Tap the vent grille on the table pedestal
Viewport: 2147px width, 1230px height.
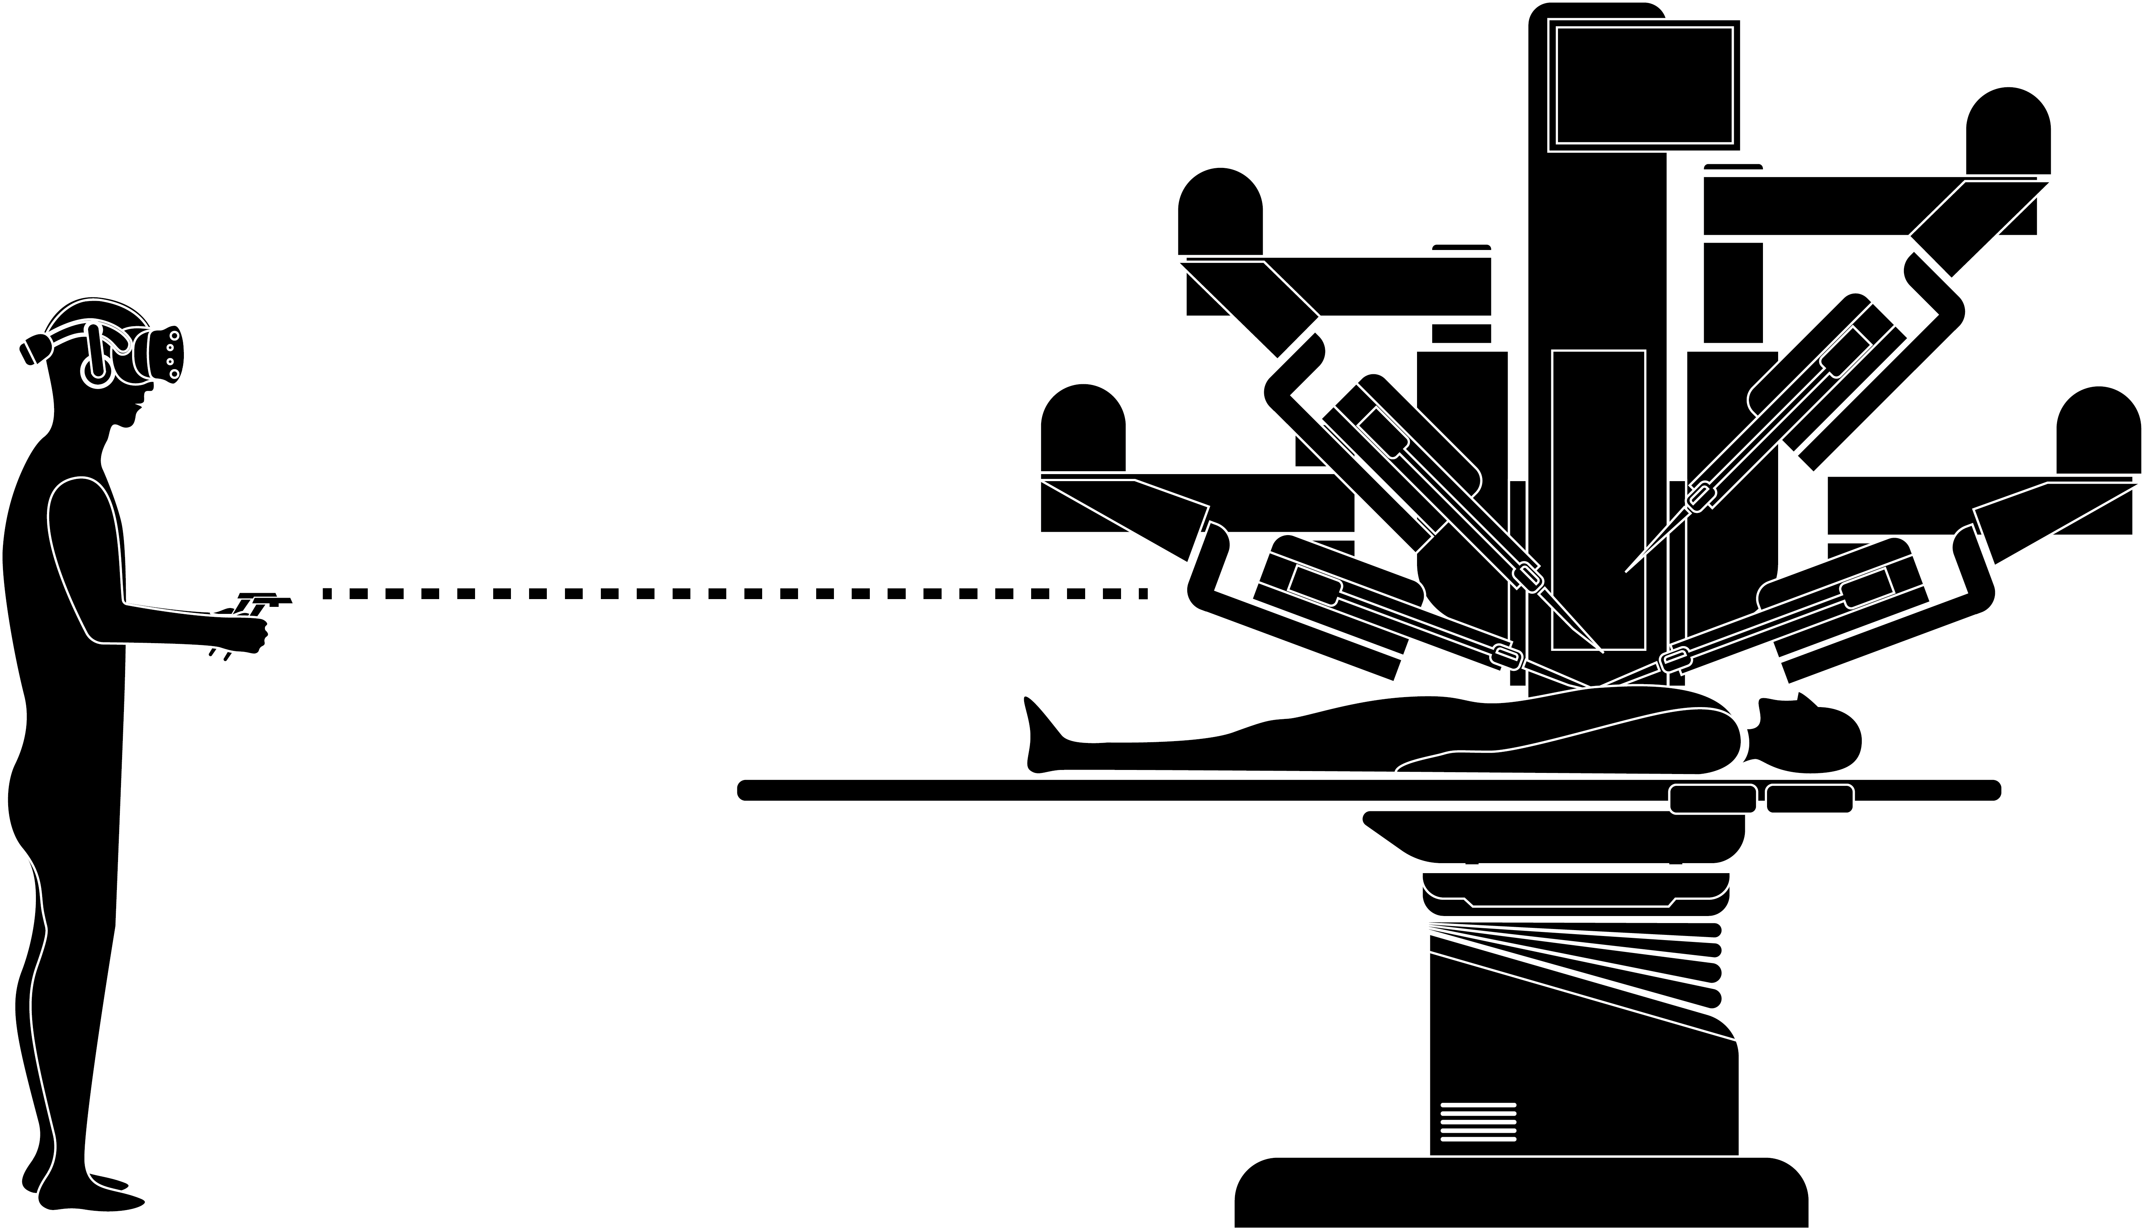pyautogui.click(x=1478, y=1121)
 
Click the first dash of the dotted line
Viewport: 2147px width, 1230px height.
pyautogui.click(x=327, y=594)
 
